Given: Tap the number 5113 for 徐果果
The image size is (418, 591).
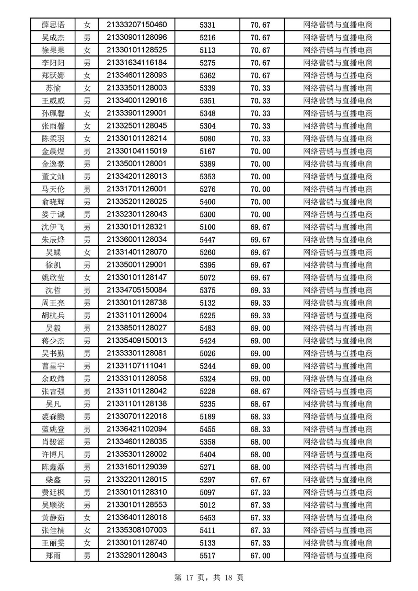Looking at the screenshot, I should click(207, 50).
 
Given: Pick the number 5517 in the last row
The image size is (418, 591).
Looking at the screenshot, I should click(207, 555).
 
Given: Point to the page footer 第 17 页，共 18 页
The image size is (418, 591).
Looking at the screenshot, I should click(209, 577).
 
